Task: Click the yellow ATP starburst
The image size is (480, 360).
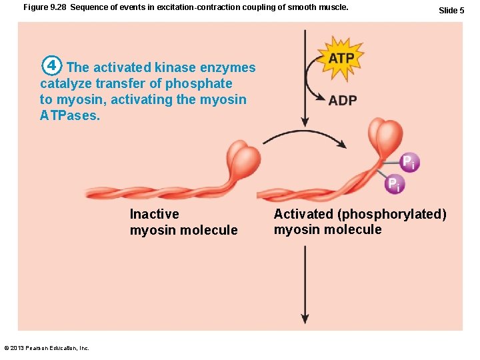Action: tap(341, 59)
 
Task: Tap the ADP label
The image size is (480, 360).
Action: tap(343, 101)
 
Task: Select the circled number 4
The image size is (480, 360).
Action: tap(52, 67)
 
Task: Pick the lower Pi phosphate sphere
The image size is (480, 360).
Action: tap(395, 183)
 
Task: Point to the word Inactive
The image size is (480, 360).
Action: tap(154, 214)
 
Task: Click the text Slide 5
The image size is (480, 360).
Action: tap(451, 10)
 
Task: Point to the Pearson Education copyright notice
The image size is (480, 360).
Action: tap(47, 347)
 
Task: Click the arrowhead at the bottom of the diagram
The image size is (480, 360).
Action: tap(305, 318)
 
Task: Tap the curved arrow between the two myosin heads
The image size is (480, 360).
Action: tap(303, 137)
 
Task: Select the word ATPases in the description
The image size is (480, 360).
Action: tap(69, 115)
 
